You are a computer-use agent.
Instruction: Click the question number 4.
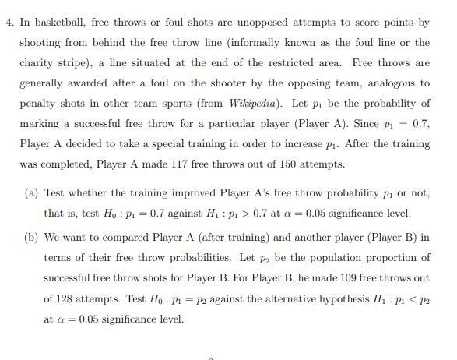tap(8, 23)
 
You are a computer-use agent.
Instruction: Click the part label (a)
tap(31, 192)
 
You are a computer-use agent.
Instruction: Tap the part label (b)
tap(31, 238)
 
